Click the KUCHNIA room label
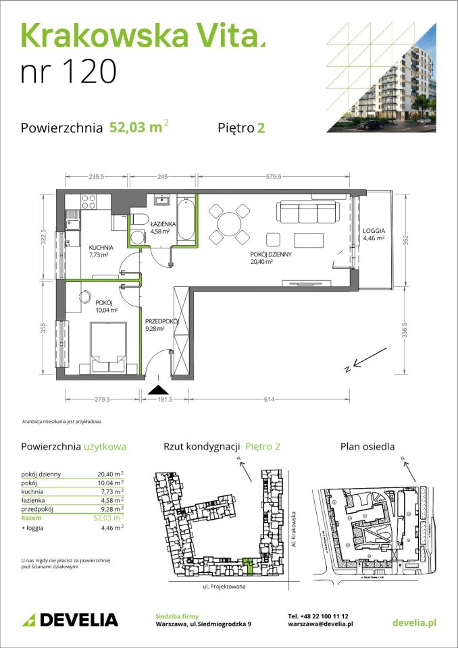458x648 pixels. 100,248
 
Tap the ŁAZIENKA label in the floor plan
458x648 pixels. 163,223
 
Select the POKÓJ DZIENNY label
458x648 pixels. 271,254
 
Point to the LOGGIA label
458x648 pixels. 374,229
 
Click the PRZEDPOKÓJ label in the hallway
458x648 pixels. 161,322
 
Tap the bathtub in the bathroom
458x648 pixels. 187,221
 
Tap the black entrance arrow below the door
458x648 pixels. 158,389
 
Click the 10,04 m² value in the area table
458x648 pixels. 110,483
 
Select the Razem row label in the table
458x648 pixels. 31,518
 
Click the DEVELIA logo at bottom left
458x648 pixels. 70,620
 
